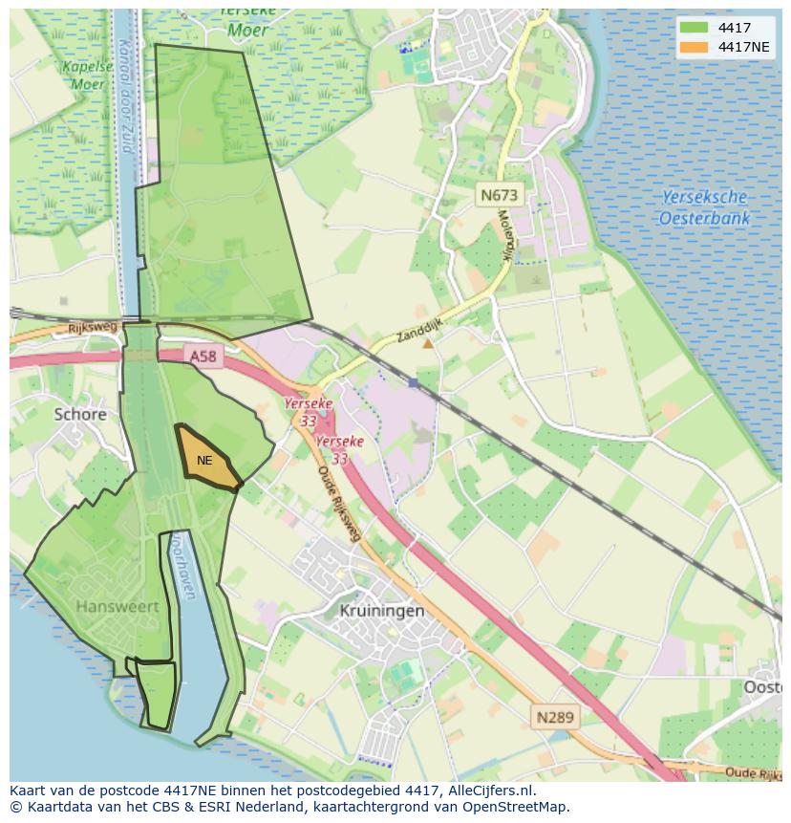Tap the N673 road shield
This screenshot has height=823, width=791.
[499, 195]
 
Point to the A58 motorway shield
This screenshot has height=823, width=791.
[203, 356]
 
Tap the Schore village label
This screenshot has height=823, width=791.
[80, 414]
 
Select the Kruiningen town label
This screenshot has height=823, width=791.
[381, 610]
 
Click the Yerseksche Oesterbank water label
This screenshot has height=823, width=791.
[704, 207]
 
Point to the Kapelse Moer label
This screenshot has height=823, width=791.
[82, 75]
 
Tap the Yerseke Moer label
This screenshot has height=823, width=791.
[247, 21]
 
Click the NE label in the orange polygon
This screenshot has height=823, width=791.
[204, 461]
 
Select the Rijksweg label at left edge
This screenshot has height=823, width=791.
[92, 327]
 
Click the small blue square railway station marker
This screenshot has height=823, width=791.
[413, 382]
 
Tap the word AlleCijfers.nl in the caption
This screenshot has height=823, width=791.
[491, 791]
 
